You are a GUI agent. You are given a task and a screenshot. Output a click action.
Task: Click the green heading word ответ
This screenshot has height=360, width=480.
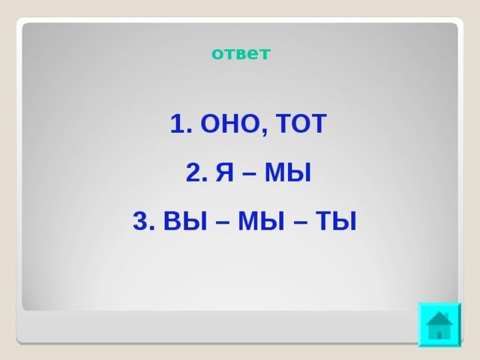tap(241, 53)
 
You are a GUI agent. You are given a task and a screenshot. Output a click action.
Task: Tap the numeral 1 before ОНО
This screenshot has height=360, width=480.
tap(178, 123)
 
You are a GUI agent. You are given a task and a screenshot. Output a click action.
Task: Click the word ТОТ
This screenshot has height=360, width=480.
tap(301, 123)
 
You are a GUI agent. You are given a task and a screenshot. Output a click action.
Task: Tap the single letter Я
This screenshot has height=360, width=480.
tap(224, 172)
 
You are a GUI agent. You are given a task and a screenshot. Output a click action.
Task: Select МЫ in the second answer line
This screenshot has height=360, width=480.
tap(288, 172)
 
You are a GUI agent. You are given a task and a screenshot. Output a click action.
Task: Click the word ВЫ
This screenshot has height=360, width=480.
tap(185, 220)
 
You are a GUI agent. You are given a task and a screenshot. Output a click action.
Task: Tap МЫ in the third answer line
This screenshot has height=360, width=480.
tap(262, 220)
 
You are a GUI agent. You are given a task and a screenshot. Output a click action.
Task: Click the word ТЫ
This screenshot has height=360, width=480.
tap(336, 220)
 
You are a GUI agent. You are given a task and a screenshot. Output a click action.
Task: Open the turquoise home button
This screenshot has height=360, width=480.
tap(439, 325)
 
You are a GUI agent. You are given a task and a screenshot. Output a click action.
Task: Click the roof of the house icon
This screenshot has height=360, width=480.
tap(439, 319)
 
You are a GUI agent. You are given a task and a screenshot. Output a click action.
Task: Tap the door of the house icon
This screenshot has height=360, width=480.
tap(439, 335)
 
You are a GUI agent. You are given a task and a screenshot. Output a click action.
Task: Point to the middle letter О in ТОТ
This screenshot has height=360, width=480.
tap(301, 123)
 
